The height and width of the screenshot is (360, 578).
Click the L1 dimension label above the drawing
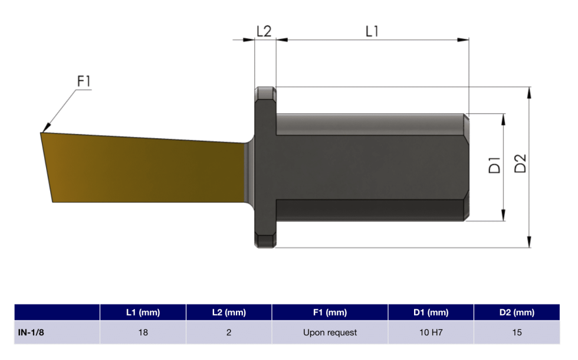[372, 31]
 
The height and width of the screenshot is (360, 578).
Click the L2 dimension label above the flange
[264, 31]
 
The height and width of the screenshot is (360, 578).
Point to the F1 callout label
[84, 81]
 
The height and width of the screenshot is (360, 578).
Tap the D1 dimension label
[494, 165]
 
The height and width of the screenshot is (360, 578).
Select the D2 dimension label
[520, 163]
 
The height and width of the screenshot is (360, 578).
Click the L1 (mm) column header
[143, 312]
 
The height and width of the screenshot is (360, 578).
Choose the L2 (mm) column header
[229, 312]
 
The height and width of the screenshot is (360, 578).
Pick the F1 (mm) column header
[330, 312]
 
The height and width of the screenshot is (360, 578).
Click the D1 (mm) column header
[431, 312]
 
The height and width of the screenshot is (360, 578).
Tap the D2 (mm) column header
[517, 312]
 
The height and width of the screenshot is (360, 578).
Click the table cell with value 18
[143, 332]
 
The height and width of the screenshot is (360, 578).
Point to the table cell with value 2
[229, 332]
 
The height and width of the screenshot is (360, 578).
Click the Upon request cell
[330, 332]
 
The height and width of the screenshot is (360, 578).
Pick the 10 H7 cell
[431, 332]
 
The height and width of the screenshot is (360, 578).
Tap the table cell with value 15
[517, 332]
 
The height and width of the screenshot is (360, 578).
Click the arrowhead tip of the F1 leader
[42, 130]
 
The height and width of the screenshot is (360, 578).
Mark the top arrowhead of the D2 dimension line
[530, 90]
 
